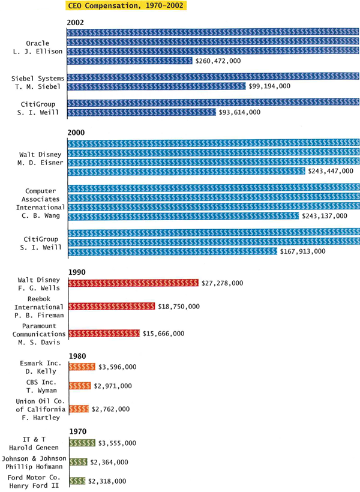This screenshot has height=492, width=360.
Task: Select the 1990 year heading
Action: (x=77, y=272)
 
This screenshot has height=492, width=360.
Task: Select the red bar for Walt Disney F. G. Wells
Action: (x=134, y=283)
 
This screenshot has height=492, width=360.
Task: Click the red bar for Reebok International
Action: (x=112, y=307)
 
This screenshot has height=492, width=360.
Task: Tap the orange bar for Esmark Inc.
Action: (x=82, y=367)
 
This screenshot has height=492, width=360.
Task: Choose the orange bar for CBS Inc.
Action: (x=80, y=386)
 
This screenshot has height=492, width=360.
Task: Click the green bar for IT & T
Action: (x=82, y=443)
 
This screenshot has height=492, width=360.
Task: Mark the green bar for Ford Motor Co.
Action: (x=77, y=481)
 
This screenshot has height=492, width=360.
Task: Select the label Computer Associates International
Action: (x=40, y=199)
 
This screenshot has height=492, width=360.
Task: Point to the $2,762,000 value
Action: (x=110, y=409)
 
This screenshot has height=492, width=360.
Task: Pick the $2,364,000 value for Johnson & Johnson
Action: (x=109, y=462)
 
